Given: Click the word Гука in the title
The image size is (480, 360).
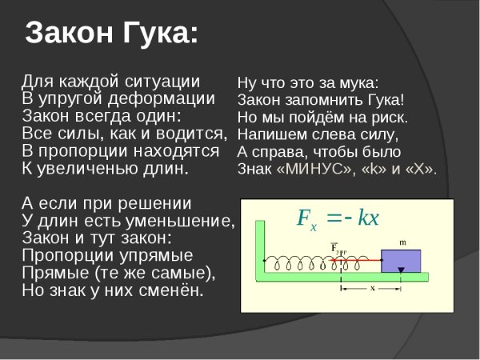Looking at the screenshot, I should [152, 34].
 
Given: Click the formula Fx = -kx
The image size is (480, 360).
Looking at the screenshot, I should [337, 218].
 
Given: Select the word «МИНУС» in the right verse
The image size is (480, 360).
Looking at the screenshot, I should [315, 169].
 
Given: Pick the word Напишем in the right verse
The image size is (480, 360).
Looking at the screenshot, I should [269, 134].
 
